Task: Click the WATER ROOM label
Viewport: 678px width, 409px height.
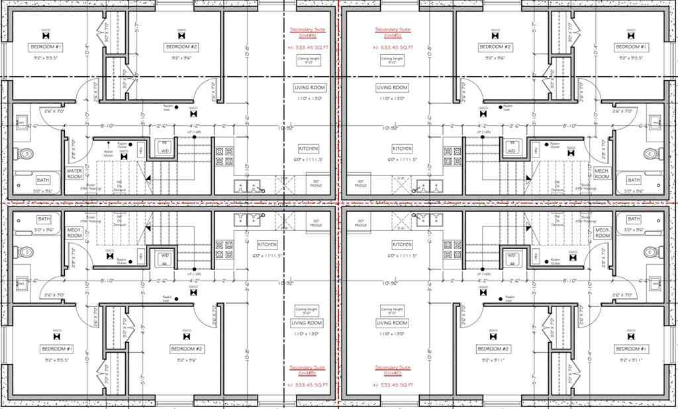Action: pos(74,174)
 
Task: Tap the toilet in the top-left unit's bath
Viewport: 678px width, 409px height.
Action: pos(24,154)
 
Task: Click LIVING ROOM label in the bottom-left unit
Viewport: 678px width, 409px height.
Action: pos(307,323)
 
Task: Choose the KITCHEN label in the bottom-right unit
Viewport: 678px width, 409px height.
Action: pos(401,244)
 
